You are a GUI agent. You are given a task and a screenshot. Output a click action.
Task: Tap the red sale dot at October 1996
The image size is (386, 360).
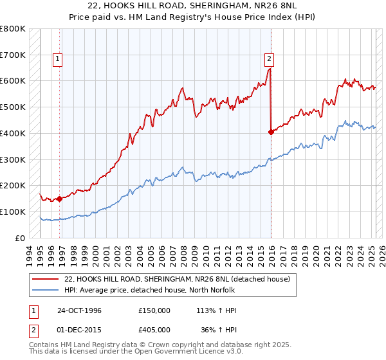(x=60, y=199)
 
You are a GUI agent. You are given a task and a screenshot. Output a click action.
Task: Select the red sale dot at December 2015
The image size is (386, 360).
(x=271, y=132)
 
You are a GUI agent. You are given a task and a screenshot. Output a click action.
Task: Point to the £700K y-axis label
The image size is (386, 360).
(x=14, y=55)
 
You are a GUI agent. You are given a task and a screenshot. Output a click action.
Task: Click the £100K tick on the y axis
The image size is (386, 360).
(x=14, y=212)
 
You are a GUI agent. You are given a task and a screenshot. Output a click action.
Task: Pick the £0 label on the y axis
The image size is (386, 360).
(x=20, y=238)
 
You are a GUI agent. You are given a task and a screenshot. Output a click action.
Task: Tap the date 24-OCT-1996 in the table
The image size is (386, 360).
(x=78, y=310)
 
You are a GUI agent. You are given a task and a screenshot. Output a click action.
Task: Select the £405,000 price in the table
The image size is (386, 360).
(x=154, y=331)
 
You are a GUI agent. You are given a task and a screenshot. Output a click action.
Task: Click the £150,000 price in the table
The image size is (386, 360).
(x=154, y=310)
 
